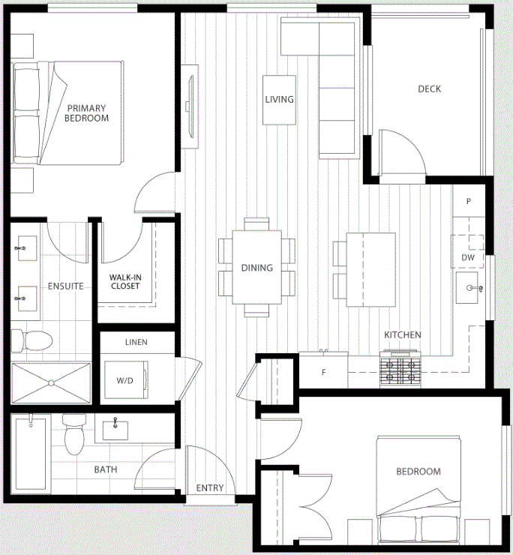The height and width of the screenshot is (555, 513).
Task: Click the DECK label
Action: point(430,88)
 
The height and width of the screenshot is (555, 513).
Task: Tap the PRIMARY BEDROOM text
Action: point(87,113)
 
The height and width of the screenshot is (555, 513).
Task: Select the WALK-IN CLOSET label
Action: point(125,282)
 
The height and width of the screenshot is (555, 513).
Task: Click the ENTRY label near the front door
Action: point(210,487)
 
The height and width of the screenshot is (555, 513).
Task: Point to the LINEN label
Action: point(136,342)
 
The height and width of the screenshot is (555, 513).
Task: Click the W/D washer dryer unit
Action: point(127,379)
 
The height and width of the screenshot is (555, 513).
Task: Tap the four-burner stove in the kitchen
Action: point(400,369)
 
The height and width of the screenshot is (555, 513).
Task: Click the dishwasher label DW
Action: point(468,257)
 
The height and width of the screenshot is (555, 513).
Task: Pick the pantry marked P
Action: point(469,201)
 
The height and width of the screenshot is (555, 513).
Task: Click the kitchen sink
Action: point(467,287)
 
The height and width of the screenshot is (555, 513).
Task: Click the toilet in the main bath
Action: point(74,434)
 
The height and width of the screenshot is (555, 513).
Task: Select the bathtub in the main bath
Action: point(31,454)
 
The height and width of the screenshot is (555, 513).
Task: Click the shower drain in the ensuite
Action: point(51,383)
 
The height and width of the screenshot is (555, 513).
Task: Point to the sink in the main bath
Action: point(115,430)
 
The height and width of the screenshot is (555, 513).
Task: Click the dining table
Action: point(257,267)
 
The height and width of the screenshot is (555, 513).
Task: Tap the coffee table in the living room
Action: point(279,100)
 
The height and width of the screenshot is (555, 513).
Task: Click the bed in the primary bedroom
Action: point(68,113)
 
